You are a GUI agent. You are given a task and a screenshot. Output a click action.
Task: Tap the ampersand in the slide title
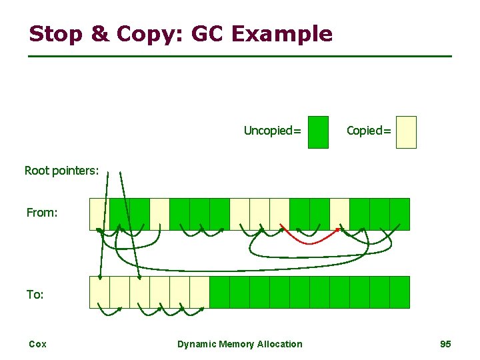99,33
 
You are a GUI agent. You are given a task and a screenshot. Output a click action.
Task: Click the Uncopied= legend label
272,131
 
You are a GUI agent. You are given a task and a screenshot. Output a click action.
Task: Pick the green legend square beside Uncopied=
319,132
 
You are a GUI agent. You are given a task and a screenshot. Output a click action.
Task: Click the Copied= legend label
369,131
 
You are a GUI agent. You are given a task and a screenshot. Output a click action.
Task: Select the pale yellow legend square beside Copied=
406,132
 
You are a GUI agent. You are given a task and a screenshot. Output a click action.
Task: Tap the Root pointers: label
61,171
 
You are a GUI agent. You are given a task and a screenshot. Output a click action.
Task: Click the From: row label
42,213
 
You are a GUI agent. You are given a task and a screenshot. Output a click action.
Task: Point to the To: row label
35,294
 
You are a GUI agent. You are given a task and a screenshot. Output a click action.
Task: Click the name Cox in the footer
37,344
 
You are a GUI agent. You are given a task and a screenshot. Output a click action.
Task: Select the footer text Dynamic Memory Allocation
239,344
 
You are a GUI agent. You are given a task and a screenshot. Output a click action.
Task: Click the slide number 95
445,344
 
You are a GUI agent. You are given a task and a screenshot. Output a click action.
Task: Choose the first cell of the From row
99,214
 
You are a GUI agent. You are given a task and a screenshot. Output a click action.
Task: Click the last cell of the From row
399,214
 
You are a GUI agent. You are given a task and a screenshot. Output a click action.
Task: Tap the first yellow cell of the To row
99,292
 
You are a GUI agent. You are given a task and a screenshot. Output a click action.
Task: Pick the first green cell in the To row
219,292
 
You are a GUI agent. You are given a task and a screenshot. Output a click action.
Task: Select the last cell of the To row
399,292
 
